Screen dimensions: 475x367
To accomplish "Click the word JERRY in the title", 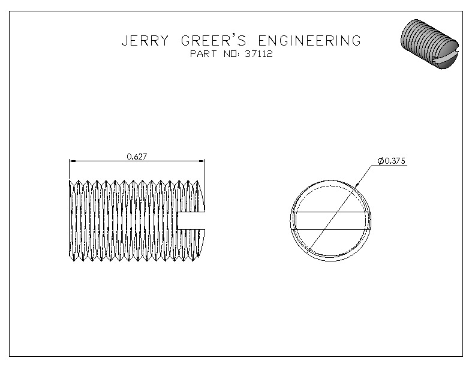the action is coord(145,41).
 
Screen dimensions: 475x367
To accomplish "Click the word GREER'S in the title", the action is coord(214,40).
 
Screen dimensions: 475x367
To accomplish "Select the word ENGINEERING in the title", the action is coord(309,41).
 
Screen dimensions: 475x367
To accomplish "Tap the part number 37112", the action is coord(258,54).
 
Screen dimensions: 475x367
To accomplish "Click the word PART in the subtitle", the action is coord(203,54).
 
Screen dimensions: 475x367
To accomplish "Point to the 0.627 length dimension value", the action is coord(137,157).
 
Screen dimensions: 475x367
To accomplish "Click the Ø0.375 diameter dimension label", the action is coord(392,161).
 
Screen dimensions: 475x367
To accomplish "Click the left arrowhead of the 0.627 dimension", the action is coord(73,161).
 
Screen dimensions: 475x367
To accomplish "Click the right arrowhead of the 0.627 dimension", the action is coord(202,161).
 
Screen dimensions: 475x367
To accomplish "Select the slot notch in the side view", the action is coord(191,221).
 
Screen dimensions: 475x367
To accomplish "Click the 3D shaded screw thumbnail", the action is coord(429,44).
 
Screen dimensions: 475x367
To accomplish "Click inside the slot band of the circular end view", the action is coord(330,221).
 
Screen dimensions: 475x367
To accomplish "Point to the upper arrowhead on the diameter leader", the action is coord(356,185).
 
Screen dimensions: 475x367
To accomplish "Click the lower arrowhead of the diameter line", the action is coord(308,251).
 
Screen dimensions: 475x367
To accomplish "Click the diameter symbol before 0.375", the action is coord(381,161).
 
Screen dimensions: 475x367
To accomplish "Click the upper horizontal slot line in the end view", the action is coord(330,212).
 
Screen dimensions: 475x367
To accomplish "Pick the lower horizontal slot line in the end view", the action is coord(330,229).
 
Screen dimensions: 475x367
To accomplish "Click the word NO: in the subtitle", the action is coord(232,54).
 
